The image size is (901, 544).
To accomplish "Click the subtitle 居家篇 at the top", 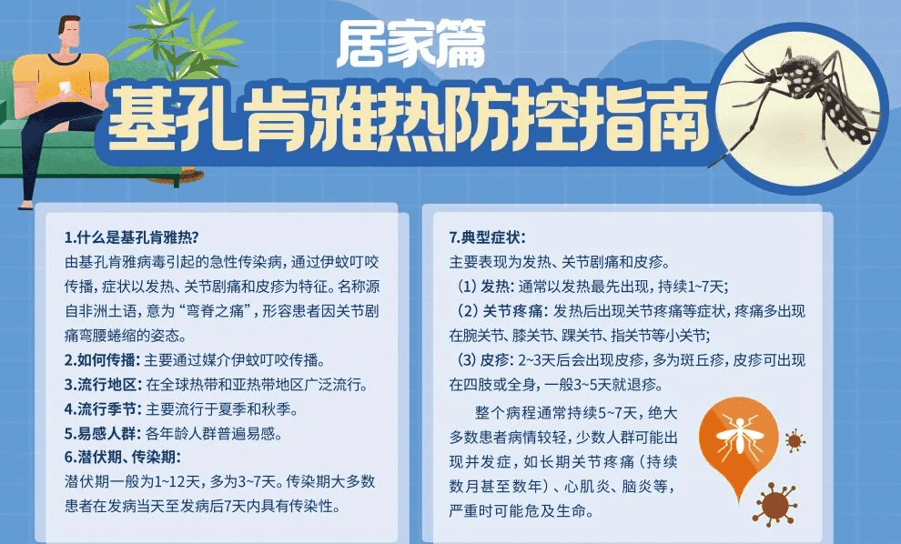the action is [x=410, y=44].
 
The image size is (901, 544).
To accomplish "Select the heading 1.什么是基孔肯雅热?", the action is [x=132, y=237].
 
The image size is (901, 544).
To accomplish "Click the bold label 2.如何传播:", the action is [x=102, y=360].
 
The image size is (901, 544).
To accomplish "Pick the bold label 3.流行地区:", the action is [x=103, y=384].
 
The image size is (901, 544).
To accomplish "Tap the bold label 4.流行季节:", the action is [x=103, y=409].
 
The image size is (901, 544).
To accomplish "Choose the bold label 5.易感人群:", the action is [x=103, y=433].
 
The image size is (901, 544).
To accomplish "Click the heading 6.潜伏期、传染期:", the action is [x=122, y=458].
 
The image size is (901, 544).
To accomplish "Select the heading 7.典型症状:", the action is [x=487, y=237].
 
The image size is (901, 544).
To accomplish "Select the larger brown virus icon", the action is [x=774, y=505].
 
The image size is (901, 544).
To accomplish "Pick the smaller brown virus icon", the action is [x=795, y=440].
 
